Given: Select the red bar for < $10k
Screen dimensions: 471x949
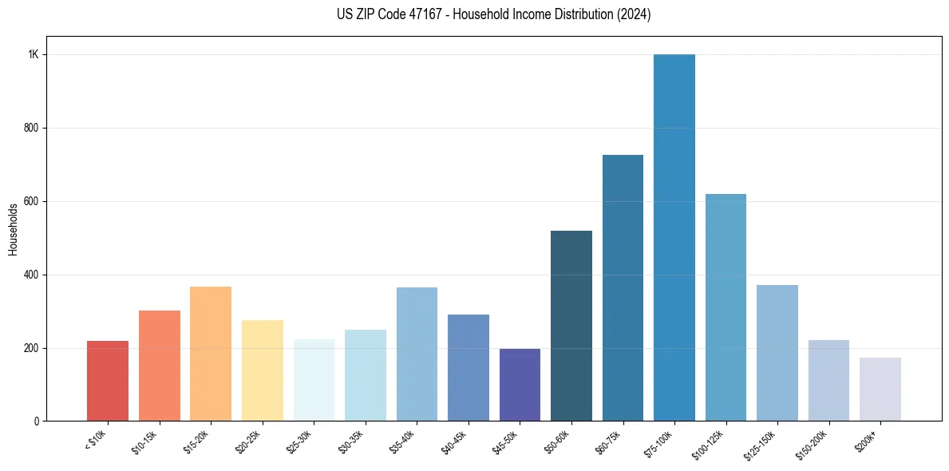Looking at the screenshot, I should pos(108,381).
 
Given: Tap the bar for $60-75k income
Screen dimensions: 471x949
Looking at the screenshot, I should pos(623,288).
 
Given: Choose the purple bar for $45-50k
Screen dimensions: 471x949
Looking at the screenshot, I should pos(520,385).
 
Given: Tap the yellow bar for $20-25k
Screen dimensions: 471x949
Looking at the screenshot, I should pos(263,370).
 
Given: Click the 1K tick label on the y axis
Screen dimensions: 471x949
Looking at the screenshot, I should pos(34,55).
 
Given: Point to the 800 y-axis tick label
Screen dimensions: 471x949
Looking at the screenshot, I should pos(31,128).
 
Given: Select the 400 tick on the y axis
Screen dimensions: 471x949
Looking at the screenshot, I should pos(31,275).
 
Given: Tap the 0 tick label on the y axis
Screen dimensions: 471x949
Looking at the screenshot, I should pos(36,422).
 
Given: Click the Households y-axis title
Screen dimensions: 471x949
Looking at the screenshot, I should pos(13,229).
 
